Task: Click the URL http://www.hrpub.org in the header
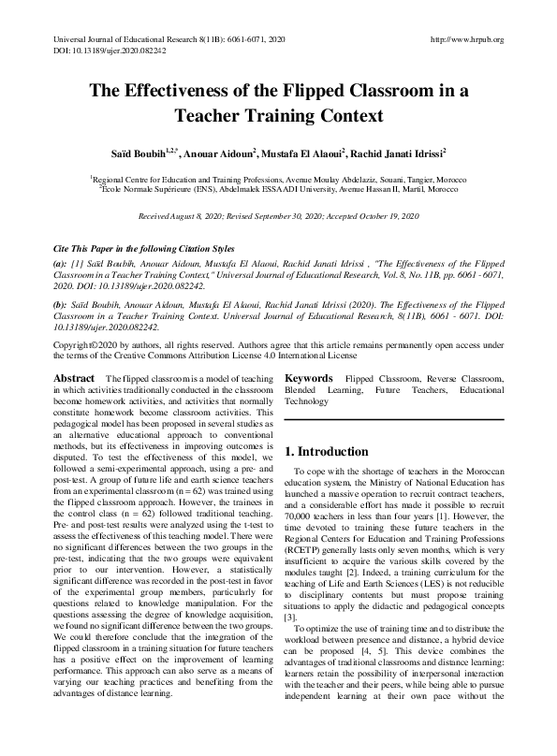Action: pos(465,39)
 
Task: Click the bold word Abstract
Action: pos(75,378)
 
